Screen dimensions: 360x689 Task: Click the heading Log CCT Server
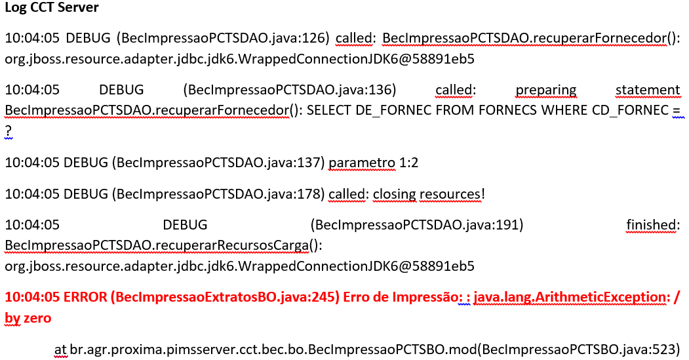tap(52, 9)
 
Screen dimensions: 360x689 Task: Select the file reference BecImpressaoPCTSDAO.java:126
tap(223, 39)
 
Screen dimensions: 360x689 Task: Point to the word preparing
tap(545, 90)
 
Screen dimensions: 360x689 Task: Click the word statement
tap(648, 90)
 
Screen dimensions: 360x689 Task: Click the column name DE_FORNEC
tap(393, 110)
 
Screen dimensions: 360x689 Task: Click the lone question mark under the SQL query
tap(9, 132)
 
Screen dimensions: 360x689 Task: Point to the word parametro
tap(362, 163)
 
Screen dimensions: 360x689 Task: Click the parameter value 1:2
tap(409, 163)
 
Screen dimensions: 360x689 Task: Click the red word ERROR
tap(85, 297)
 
